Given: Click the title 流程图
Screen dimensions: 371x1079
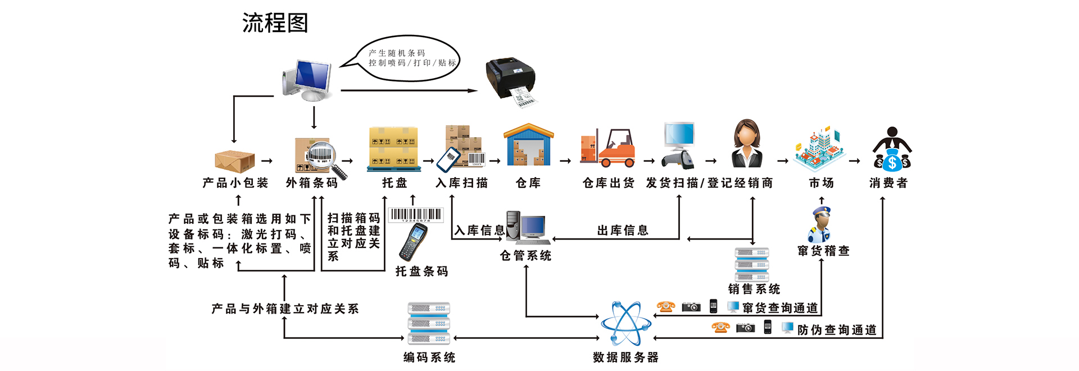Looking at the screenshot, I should coord(275,23).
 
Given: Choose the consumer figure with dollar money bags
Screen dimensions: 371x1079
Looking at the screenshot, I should coord(892,149).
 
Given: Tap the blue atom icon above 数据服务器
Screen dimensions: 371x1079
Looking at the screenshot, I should coord(625,323).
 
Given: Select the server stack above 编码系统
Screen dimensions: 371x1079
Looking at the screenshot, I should coord(428,323).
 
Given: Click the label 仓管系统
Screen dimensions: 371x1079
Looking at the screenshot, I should coord(525,256).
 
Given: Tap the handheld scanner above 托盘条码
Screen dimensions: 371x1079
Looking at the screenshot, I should coord(414,242).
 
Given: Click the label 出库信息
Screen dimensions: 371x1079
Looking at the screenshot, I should coord(622,230).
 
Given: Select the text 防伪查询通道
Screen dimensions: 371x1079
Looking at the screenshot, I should coord(837,330).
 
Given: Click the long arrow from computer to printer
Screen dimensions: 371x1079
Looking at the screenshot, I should coord(409,90).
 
